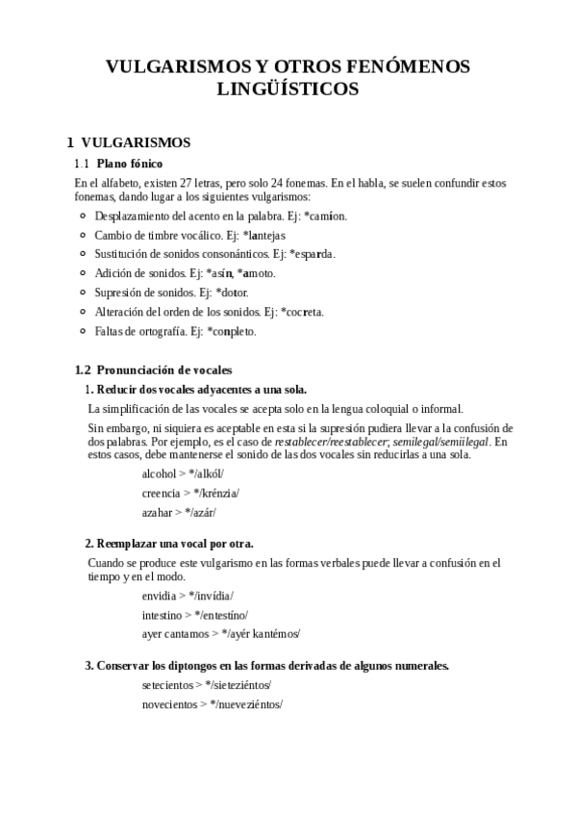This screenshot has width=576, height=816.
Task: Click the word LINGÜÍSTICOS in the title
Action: pos(288,89)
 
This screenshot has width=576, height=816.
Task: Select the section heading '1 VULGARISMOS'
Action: pos(128,142)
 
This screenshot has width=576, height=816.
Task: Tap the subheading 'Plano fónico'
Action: pos(130,164)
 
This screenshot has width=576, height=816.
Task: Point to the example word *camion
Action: pos(324,216)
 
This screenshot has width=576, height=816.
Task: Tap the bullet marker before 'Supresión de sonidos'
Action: pos(84,293)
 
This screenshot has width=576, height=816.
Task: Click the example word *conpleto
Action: pos(233,331)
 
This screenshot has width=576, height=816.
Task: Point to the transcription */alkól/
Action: pos(205,474)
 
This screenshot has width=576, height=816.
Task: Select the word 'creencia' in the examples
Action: pos(161,493)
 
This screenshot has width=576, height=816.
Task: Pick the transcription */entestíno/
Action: pos(221,615)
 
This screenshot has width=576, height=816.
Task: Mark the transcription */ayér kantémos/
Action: pos(261,633)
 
